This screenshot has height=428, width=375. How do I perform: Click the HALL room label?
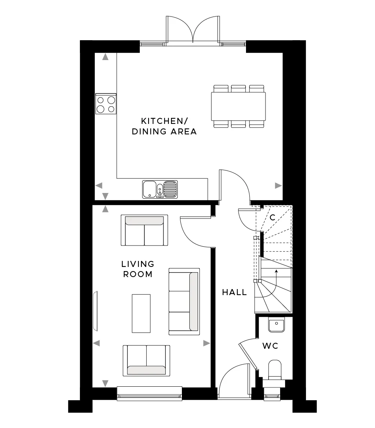[234, 292]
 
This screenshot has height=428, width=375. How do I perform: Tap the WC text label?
[270, 346]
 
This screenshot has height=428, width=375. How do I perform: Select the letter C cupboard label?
[273, 217]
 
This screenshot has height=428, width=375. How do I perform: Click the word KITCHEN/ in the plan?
[165, 121]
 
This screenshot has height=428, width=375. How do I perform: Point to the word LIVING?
[138, 264]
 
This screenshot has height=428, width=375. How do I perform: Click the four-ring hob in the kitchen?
[106, 104]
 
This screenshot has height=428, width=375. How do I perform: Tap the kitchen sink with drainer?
[160, 189]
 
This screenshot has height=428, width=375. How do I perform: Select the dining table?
[238, 106]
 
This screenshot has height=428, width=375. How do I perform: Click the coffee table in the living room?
[141, 313]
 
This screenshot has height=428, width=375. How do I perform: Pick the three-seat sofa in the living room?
[184, 301]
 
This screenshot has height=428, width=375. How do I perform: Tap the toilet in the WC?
[274, 370]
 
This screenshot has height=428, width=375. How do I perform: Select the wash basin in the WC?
[276, 324]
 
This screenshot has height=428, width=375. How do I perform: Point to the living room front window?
[150, 393]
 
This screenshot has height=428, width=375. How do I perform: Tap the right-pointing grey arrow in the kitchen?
[278, 185]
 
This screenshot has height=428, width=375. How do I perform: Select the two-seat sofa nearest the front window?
[147, 360]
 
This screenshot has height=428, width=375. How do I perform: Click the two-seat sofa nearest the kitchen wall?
[144, 230]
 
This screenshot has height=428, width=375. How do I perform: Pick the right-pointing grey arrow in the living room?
[207, 343]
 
